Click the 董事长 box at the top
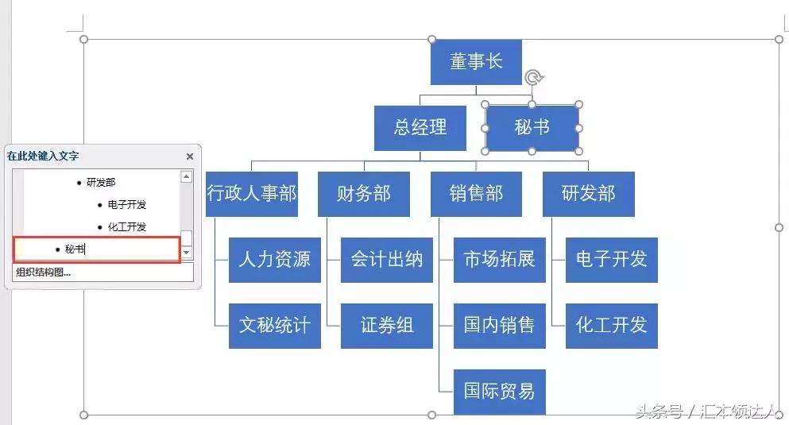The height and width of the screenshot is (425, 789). [x=476, y=62]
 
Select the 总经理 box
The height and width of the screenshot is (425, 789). [x=420, y=127]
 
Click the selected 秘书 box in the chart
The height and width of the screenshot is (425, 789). [x=532, y=127]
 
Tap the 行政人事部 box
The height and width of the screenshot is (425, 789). [x=251, y=194]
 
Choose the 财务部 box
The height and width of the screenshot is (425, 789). [x=363, y=194]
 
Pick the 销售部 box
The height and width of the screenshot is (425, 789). [x=476, y=194]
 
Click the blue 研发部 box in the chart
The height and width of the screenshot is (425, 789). [x=588, y=194]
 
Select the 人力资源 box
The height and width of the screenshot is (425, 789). [x=274, y=259]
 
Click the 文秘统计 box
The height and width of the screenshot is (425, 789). [x=274, y=325]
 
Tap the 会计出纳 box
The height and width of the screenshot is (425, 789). [x=386, y=259]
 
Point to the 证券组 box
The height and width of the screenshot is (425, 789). [x=386, y=325]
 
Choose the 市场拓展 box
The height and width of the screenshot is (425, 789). [x=499, y=259]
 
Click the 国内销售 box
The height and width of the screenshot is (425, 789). [x=499, y=325]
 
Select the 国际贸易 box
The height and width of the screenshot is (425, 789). [x=499, y=391]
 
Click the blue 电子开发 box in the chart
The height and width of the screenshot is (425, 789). [x=611, y=259]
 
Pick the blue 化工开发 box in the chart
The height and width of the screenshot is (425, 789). [x=611, y=325]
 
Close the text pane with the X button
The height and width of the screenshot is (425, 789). [x=190, y=156]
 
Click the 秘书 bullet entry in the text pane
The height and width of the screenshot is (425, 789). [x=75, y=249]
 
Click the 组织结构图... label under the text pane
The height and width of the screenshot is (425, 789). [x=44, y=272]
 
